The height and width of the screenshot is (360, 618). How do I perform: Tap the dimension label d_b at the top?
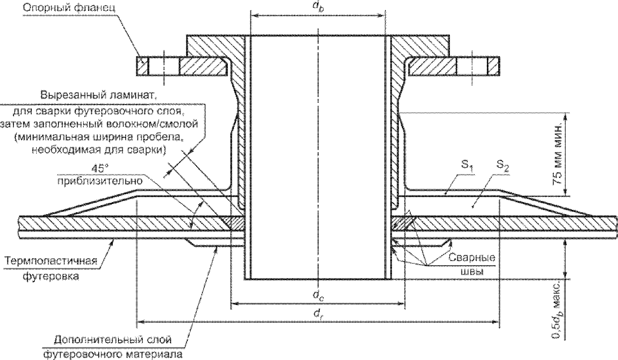pyautogui.click(x=318, y=7)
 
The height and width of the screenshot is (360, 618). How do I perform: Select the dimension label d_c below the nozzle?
pyautogui.click(x=318, y=296)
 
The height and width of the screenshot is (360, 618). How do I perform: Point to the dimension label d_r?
pyautogui.click(x=318, y=314)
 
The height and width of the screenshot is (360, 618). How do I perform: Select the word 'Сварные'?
pyautogui.click(x=472, y=258)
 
